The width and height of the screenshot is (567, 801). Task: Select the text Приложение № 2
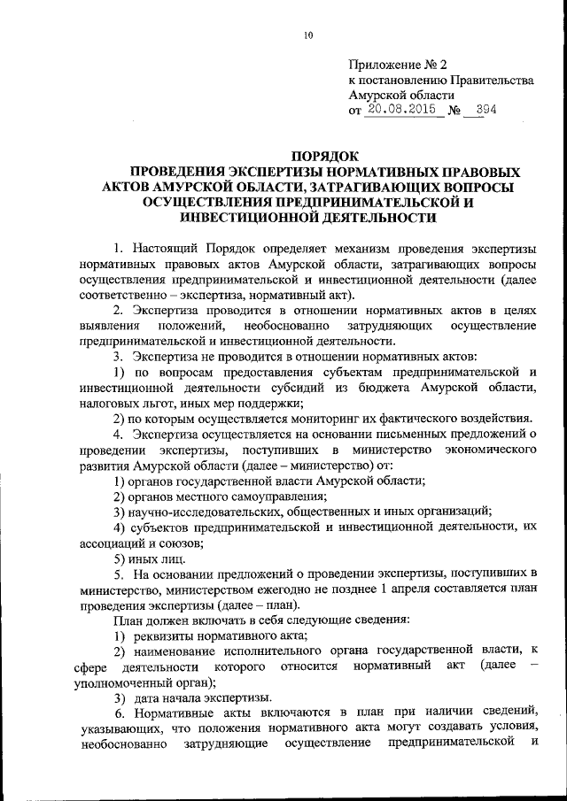[393, 64]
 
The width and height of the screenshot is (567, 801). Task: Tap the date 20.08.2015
[402, 111]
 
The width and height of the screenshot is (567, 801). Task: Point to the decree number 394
[485, 111]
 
